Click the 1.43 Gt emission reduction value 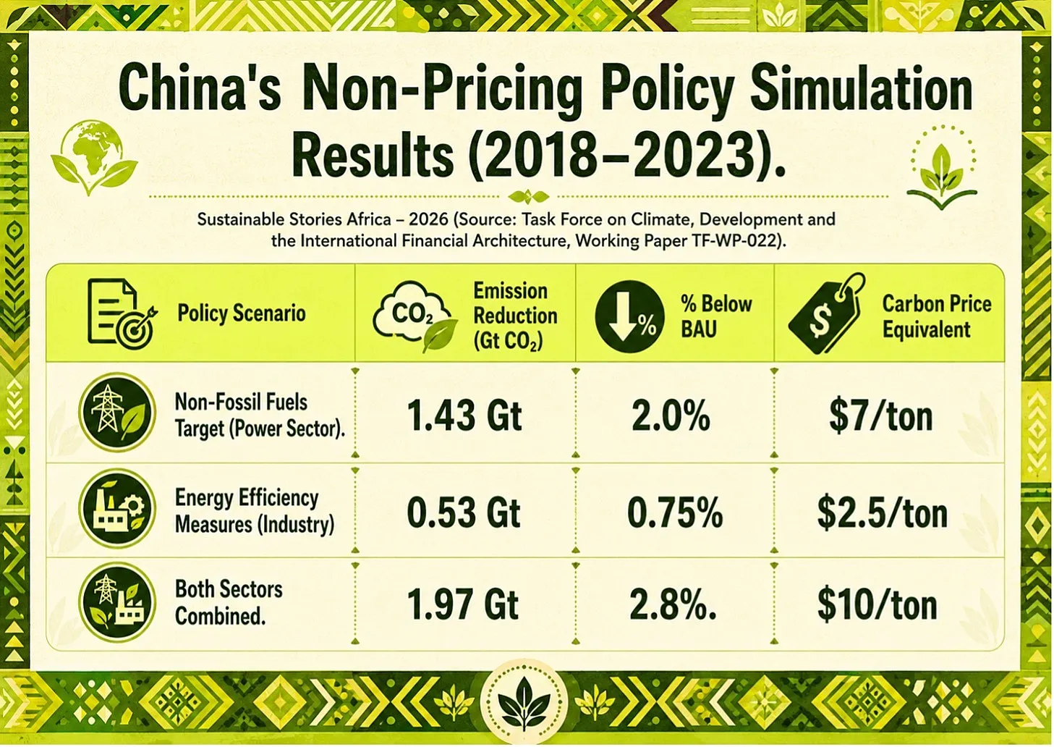coord(464,416)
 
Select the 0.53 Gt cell coord(464,512)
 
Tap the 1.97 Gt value coord(462,604)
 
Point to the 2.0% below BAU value coord(671,416)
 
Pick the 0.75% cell coord(675,512)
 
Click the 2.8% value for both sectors coord(673,604)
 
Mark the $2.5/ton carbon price coord(883,513)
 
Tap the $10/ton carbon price coord(877,605)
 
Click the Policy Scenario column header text coord(242,313)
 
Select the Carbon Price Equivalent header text coord(937,316)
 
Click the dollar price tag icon coord(827,314)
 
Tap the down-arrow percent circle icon coord(629,316)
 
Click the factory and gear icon coord(117,508)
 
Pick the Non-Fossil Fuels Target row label coord(260,415)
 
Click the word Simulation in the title coord(861,89)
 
